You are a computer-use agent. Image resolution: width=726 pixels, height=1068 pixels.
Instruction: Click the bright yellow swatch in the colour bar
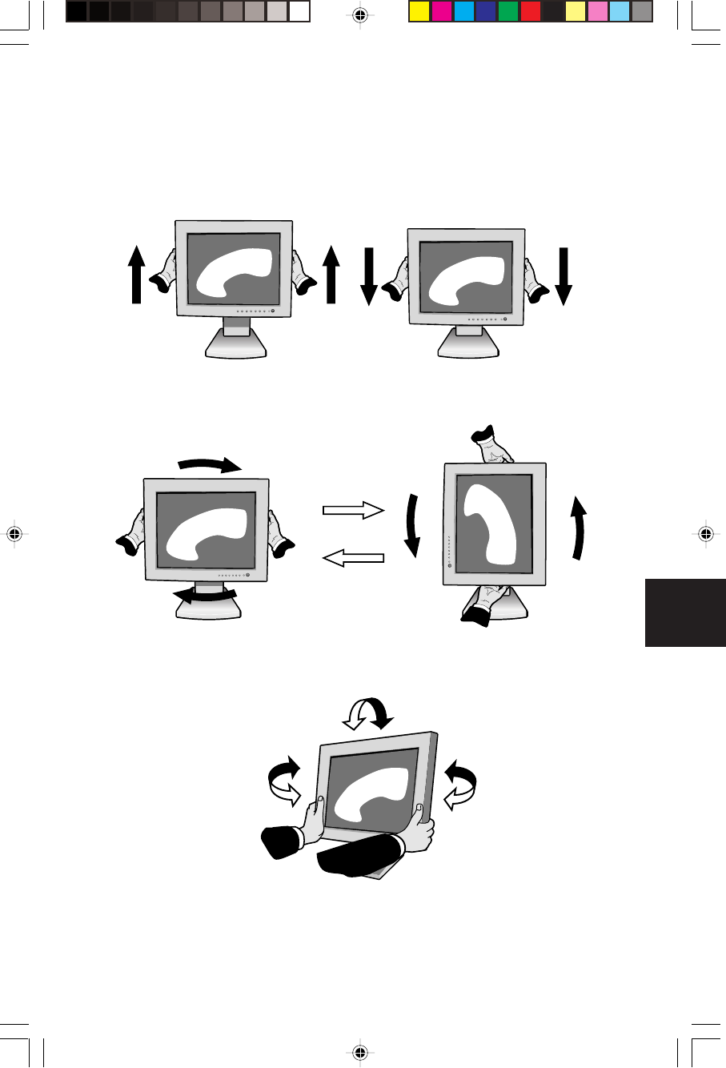[419, 11]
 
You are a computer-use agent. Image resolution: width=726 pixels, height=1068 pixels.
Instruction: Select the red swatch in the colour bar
[530, 11]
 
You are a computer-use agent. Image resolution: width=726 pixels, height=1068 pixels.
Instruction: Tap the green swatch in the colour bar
[507, 11]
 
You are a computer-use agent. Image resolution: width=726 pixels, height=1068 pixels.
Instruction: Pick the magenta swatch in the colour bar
[441, 11]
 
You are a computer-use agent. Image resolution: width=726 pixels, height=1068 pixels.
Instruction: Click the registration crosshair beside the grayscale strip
[359, 14]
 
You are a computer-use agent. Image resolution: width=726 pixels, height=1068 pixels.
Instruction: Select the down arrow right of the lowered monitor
[564, 276]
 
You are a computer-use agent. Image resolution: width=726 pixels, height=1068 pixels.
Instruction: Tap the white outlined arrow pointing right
[353, 510]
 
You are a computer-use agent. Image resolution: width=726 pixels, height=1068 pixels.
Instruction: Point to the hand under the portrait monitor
[485, 604]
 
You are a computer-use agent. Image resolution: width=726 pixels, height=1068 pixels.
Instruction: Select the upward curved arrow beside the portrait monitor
[579, 528]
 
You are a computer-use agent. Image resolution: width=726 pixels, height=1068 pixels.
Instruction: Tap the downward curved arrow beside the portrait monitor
[412, 525]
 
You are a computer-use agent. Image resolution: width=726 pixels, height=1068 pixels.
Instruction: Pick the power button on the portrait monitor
[449, 567]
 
